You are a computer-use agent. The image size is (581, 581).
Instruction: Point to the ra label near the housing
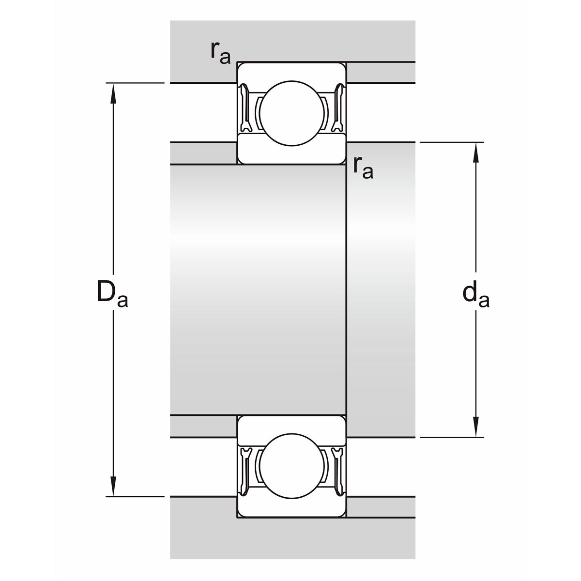pos(220,53)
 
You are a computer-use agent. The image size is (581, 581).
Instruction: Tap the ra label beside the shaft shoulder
pos(363,168)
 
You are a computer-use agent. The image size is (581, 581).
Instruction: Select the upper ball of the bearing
pos(291,113)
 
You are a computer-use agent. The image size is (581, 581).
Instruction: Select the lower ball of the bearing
pos(291,466)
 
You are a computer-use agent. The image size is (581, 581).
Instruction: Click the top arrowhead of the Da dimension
pos(113,93)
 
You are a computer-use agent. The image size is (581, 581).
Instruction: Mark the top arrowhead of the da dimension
pos(476,153)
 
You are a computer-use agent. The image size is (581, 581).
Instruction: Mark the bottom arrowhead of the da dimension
pos(476,427)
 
